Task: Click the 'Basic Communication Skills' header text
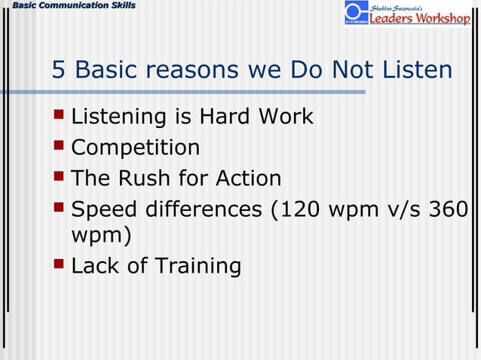point(69,6)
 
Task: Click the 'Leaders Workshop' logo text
point(419,19)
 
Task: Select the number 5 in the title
point(59,70)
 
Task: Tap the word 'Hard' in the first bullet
point(224,117)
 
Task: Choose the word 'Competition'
point(136,148)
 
